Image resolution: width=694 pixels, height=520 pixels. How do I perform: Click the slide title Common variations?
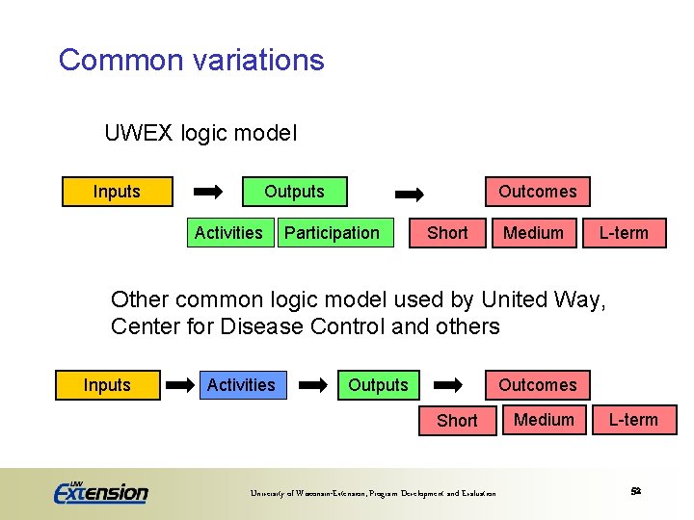click(191, 60)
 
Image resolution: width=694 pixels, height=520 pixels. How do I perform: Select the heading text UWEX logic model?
click(200, 133)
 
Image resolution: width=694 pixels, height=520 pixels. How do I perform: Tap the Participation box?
click(333, 233)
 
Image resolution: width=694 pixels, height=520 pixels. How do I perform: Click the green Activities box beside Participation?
click(228, 233)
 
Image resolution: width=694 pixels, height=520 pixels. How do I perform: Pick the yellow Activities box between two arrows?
click(241, 385)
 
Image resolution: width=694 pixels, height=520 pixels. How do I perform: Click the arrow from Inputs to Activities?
click(180, 385)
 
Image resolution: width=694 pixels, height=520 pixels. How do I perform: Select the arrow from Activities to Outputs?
click(312, 385)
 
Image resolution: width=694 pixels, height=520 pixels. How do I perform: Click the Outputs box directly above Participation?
click(294, 192)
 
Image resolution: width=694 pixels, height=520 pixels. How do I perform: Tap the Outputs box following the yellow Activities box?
click(378, 385)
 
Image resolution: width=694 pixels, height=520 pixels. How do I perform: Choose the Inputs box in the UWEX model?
click(117, 192)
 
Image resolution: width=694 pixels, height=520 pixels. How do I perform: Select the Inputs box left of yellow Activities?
click(107, 385)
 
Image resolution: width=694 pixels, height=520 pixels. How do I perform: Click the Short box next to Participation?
click(447, 233)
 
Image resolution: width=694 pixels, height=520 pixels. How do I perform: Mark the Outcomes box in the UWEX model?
click(537, 192)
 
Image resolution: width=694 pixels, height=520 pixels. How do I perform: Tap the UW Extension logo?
click(100, 491)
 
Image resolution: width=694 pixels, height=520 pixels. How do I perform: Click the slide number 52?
click(635, 491)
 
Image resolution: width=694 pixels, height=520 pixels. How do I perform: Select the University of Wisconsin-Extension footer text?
click(373, 494)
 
